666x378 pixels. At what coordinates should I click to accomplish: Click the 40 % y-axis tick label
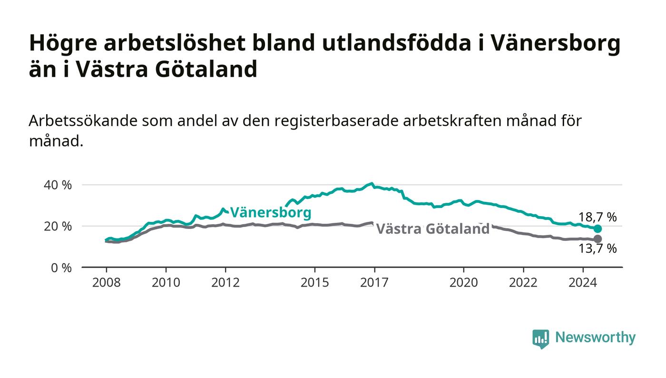pyautogui.click(x=58, y=185)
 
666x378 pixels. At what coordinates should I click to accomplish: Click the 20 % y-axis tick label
pyautogui.click(x=58, y=227)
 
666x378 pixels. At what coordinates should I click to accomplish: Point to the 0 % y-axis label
pyautogui.click(x=61, y=268)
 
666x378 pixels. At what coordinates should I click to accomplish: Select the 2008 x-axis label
pyautogui.click(x=107, y=282)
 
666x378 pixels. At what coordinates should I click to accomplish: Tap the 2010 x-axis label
pyautogui.click(x=166, y=282)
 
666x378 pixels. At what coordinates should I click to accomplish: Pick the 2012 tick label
pyautogui.click(x=225, y=282)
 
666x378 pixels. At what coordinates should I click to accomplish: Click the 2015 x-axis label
pyautogui.click(x=315, y=282)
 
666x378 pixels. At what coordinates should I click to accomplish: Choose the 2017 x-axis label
pyautogui.click(x=374, y=282)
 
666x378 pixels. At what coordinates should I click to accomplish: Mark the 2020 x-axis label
pyautogui.click(x=463, y=282)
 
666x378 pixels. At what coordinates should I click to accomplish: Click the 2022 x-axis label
pyautogui.click(x=523, y=282)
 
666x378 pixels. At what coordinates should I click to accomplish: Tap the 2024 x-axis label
pyautogui.click(x=583, y=282)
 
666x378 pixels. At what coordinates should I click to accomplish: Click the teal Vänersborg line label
pyautogui.click(x=271, y=212)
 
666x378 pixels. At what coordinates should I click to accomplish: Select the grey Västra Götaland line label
pyautogui.click(x=432, y=229)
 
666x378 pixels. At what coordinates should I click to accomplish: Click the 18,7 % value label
pyautogui.click(x=597, y=217)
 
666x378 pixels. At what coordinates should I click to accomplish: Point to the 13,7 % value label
pyautogui.click(x=597, y=248)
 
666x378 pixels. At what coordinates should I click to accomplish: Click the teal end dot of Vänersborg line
pyautogui.click(x=597, y=229)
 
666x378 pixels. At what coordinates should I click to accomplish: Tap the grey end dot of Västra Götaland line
pyautogui.click(x=597, y=239)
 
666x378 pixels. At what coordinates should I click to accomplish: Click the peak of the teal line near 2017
pyautogui.click(x=372, y=183)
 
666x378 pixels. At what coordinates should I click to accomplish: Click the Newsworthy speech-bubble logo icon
pyautogui.click(x=540, y=338)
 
